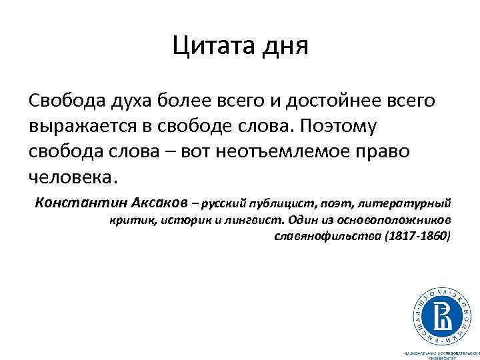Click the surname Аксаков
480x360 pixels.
point(156,202)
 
